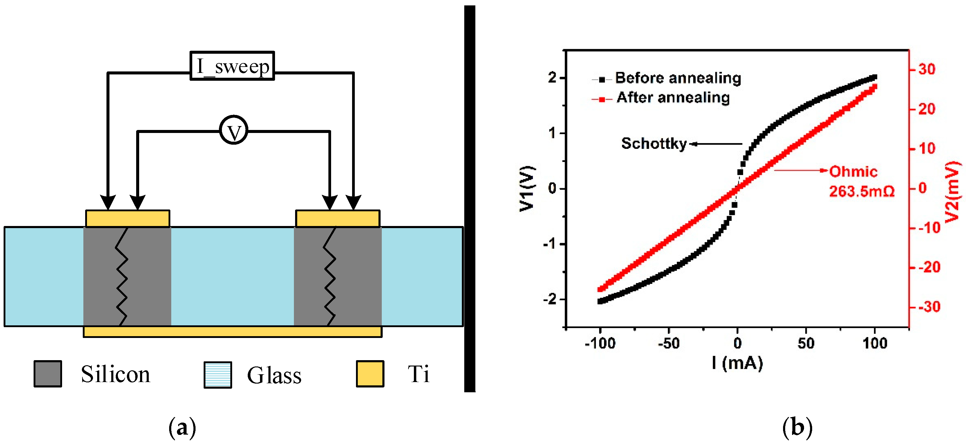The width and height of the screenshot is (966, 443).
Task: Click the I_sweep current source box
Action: [x=232, y=66]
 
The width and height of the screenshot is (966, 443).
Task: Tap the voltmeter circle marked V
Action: [x=233, y=130]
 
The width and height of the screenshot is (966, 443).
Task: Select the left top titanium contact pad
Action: [x=127, y=218]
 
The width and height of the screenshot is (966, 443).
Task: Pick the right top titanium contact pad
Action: [x=337, y=218]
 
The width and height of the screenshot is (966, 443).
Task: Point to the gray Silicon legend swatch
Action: [x=48, y=374]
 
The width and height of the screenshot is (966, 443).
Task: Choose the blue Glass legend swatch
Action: [x=217, y=374]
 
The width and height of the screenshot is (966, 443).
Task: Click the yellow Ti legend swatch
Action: [x=370, y=374]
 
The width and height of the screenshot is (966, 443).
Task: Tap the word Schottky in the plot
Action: [x=653, y=143]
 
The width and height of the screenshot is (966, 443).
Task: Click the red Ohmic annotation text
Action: [x=853, y=172]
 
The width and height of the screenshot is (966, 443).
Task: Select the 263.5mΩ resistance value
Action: [x=861, y=191]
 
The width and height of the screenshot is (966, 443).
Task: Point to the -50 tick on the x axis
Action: [x=668, y=343]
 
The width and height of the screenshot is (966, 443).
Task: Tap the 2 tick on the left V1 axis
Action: [x=552, y=78]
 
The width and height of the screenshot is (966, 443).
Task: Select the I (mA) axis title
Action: [x=737, y=363]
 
